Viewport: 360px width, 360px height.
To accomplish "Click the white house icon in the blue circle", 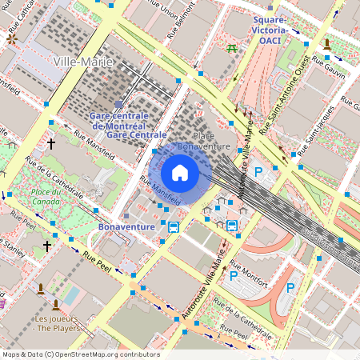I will (180, 173).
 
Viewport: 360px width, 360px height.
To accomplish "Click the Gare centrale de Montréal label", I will (118, 122).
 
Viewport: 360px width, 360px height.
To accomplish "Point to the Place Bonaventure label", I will (203, 142).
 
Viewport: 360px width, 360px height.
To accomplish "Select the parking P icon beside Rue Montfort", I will (233, 276).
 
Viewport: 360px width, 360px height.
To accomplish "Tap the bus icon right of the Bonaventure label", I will (174, 226).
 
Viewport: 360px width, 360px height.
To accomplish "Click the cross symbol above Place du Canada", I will (51, 144).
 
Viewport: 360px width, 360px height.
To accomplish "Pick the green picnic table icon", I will (231, 48).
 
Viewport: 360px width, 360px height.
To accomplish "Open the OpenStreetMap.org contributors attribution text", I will (80, 354).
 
